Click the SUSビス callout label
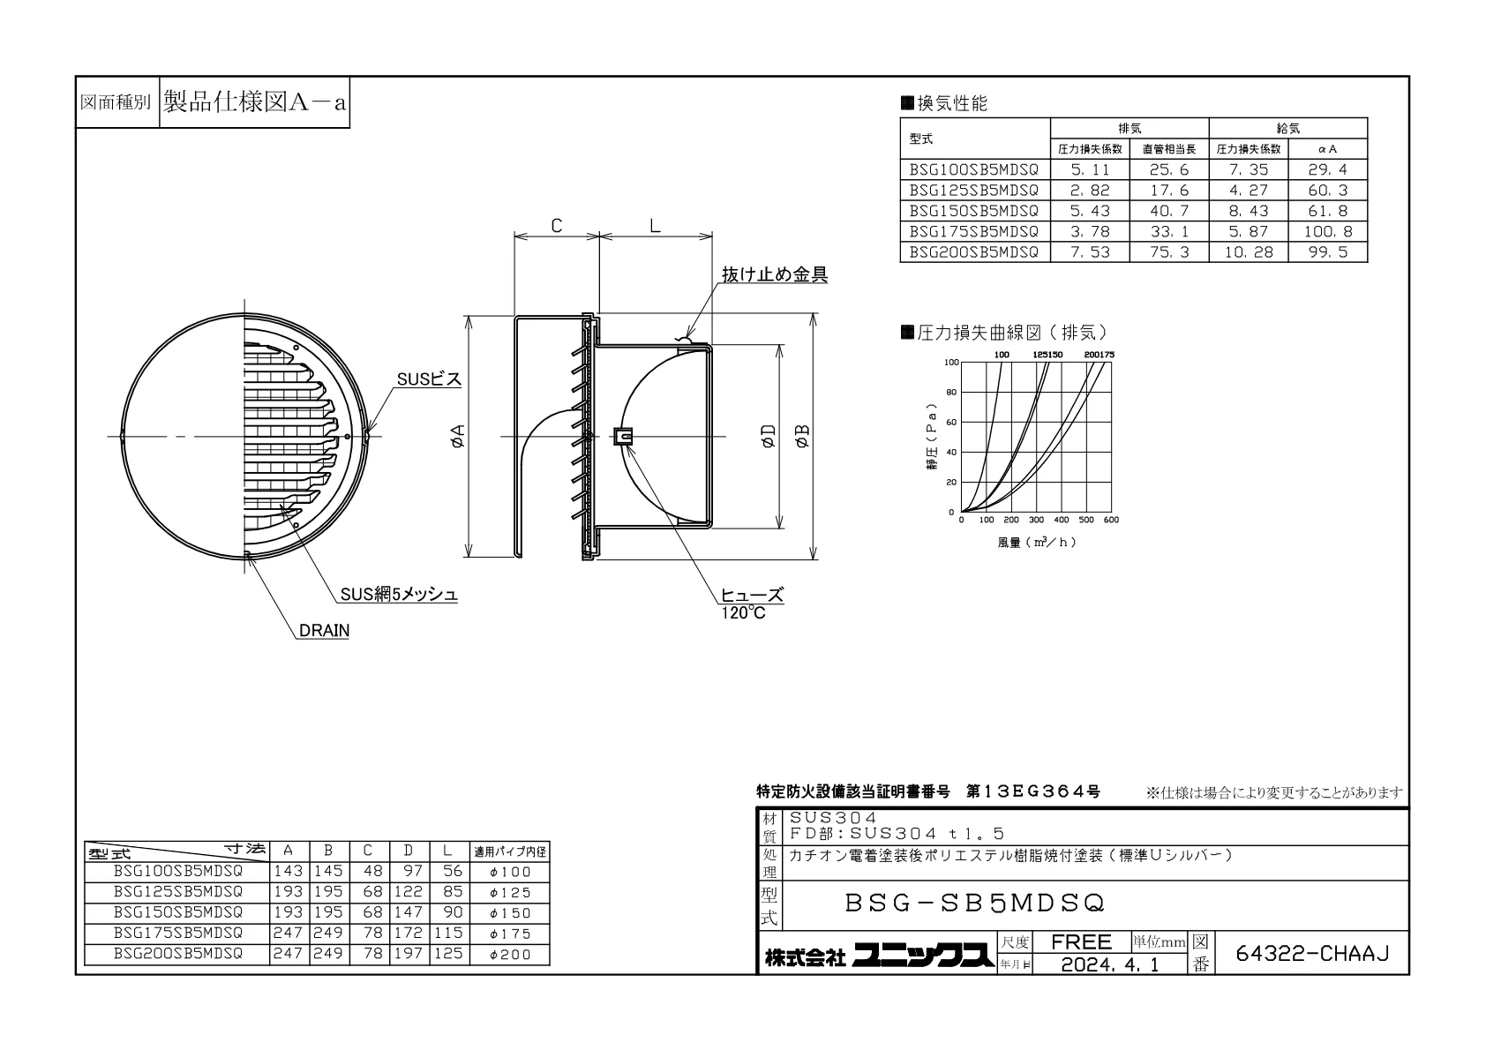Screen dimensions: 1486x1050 (x=429, y=379)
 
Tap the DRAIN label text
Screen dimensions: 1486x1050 (x=324, y=630)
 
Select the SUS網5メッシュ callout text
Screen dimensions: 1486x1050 (x=399, y=595)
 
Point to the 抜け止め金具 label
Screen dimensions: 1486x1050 (x=774, y=274)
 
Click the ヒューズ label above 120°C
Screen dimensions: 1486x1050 (x=753, y=595)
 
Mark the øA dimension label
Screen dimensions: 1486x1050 (x=457, y=436)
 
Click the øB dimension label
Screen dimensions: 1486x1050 (x=802, y=436)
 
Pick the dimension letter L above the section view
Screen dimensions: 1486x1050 (x=655, y=226)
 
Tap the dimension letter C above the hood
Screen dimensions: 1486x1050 (x=557, y=226)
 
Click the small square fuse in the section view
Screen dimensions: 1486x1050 (x=622, y=436)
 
